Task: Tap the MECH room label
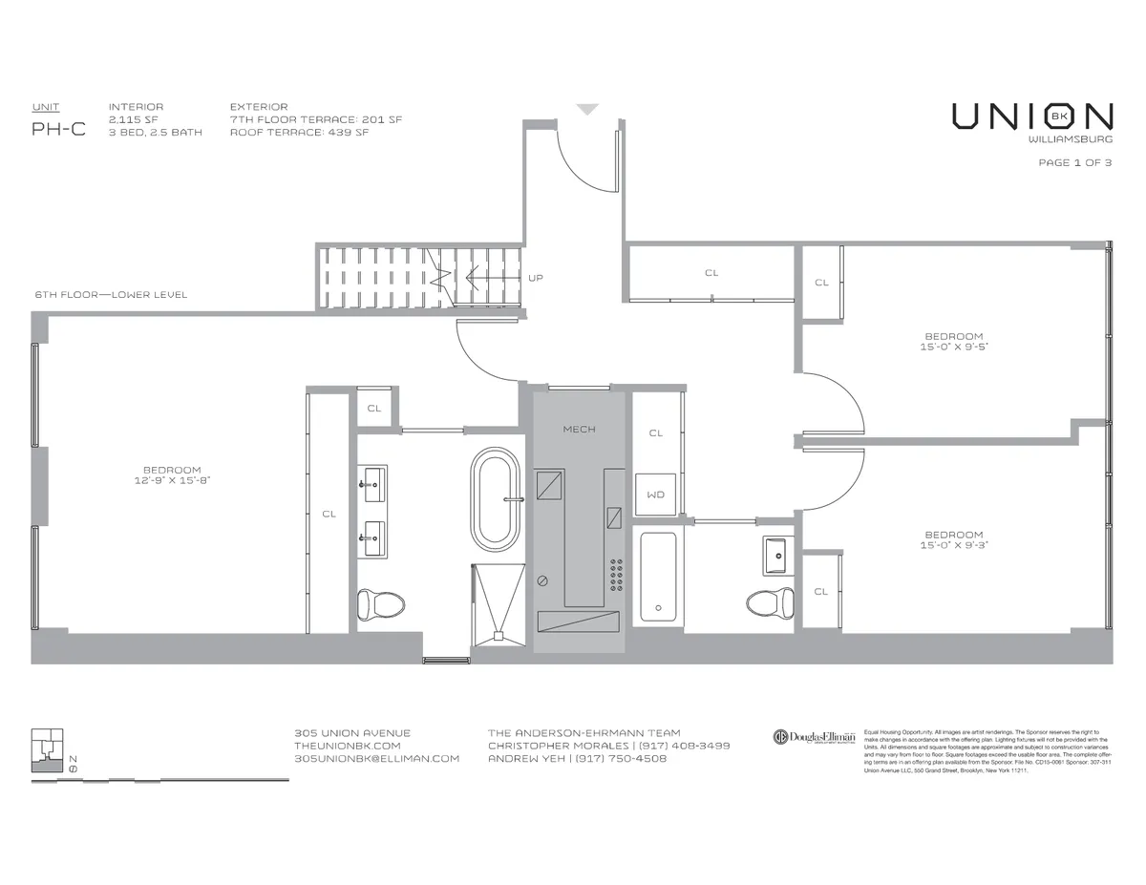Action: (579, 430)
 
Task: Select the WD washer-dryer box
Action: (655, 495)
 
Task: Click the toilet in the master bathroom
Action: (379, 604)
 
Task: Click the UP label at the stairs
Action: (536, 278)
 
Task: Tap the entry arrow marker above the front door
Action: (587, 110)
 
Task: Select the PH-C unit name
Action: (58, 130)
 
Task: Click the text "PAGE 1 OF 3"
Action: (1074, 162)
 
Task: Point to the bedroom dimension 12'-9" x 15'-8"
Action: (172, 481)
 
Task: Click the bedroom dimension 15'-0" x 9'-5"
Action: (953, 348)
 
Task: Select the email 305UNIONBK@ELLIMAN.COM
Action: (377, 758)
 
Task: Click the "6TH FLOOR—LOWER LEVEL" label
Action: (111, 295)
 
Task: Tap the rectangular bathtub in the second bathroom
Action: (657, 576)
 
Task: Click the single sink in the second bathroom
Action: (775, 555)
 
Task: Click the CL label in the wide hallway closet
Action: (711, 273)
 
